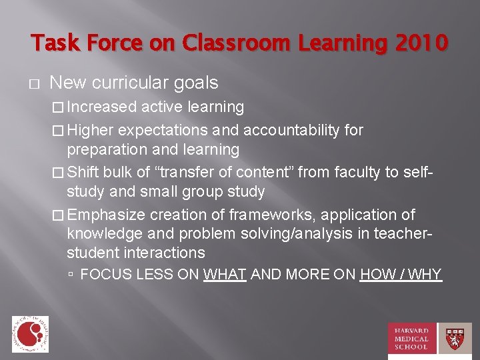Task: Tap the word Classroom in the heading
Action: click(217, 44)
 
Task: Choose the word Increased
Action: click(102, 107)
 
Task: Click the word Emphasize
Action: click(107, 215)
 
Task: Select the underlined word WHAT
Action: click(225, 274)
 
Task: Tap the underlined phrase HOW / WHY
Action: click(401, 274)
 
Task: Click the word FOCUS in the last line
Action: click(101, 274)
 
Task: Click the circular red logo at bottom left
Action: click(30, 333)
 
